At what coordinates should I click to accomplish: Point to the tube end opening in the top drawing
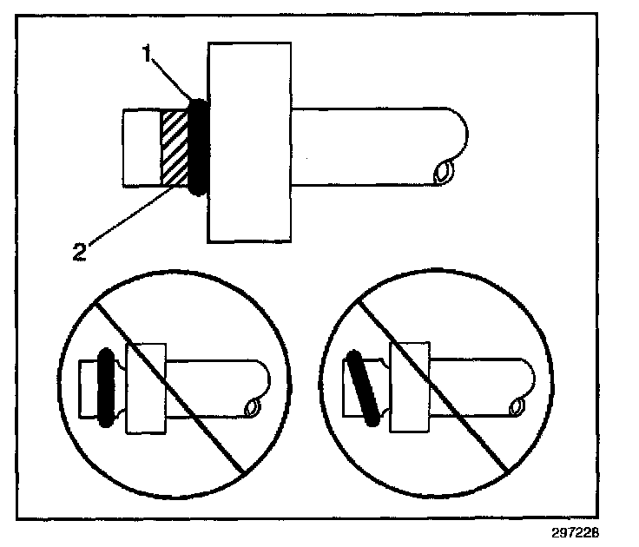click(x=445, y=172)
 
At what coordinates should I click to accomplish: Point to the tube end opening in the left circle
click(x=253, y=406)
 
